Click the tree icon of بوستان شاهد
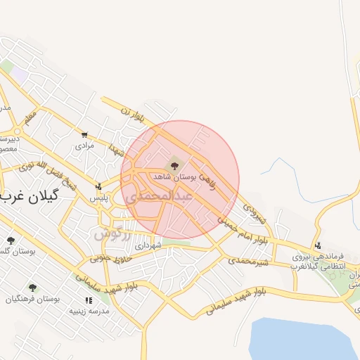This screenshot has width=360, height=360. pyautogui.click(x=172, y=166)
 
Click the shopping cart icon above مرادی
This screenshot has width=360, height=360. pyautogui.click(x=84, y=134)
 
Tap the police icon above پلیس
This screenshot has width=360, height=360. pyautogui.click(x=98, y=186)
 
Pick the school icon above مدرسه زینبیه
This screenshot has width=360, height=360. pyautogui.click(x=87, y=300)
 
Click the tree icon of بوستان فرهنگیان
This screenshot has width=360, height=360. pyautogui.click(x=32, y=287)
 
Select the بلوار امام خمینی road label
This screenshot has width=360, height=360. pyautogui.click(x=243, y=232)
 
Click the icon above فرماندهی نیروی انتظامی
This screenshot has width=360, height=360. pyautogui.click(x=319, y=246)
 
